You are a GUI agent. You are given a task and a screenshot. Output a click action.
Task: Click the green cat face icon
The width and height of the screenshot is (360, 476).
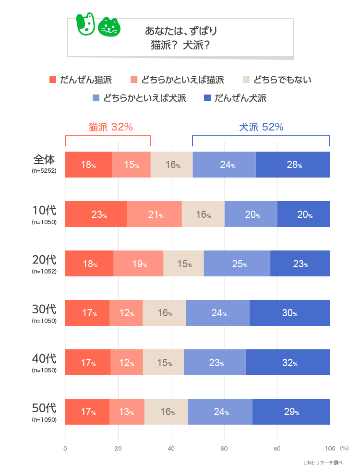[x=109, y=27]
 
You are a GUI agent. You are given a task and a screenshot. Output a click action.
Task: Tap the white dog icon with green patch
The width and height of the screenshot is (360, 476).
[x=86, y=24]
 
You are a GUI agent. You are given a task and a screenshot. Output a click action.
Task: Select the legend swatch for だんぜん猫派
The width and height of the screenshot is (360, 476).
[x=53, y=80]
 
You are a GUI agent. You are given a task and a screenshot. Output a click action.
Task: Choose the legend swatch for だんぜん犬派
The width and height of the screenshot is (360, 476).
[x=207, y=98]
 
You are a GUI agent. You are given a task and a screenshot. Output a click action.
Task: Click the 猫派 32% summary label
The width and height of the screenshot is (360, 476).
[x=110, y=127]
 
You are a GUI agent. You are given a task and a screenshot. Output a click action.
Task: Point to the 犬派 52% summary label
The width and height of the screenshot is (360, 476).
[x=261, y=127]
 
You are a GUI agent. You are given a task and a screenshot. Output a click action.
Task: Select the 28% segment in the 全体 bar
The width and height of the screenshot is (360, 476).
[x=293, y=165]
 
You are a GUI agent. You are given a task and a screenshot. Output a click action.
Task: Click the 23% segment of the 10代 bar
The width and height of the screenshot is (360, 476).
[x=96, y=214]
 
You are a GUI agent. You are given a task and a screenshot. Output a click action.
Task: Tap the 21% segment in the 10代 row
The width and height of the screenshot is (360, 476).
[x=154, y=214]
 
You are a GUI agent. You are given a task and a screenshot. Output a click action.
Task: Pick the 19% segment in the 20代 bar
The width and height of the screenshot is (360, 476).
[x=138, y=264]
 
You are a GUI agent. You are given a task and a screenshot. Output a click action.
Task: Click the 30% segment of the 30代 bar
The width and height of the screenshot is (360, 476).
[x=289, y=313]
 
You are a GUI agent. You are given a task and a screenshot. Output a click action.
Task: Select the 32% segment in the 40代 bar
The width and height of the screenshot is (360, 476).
[x=288, y=363]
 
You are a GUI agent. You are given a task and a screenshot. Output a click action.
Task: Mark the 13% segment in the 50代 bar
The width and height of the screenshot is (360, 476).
[x=127, y=412]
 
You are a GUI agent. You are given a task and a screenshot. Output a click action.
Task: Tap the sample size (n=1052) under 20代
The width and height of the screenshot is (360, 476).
[x=44, y=271]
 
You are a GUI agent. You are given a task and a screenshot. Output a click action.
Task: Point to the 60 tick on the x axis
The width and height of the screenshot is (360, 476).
[x=224, y=449]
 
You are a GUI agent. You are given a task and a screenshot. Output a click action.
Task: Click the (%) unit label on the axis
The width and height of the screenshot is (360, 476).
[x=344, y=448]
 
